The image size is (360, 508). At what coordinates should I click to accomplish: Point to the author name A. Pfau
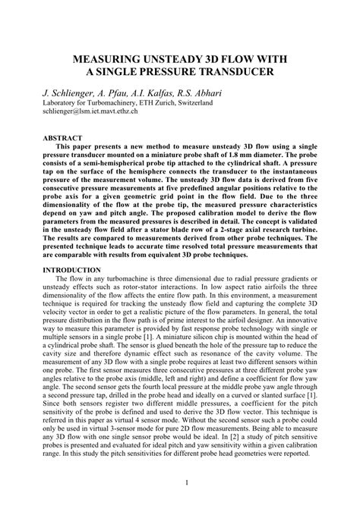coord(122,89)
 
